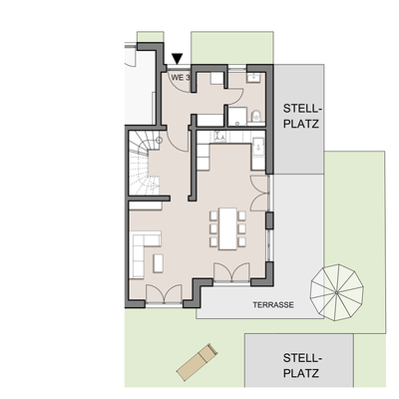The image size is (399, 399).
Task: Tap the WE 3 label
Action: point(181,77)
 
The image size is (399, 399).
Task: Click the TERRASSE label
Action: point(272,305)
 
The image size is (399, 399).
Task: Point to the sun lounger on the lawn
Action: point(196,360)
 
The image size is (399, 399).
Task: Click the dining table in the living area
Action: point(225,228)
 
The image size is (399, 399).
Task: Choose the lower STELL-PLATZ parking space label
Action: point(300,366)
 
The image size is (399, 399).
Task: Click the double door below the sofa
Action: point(160,292)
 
